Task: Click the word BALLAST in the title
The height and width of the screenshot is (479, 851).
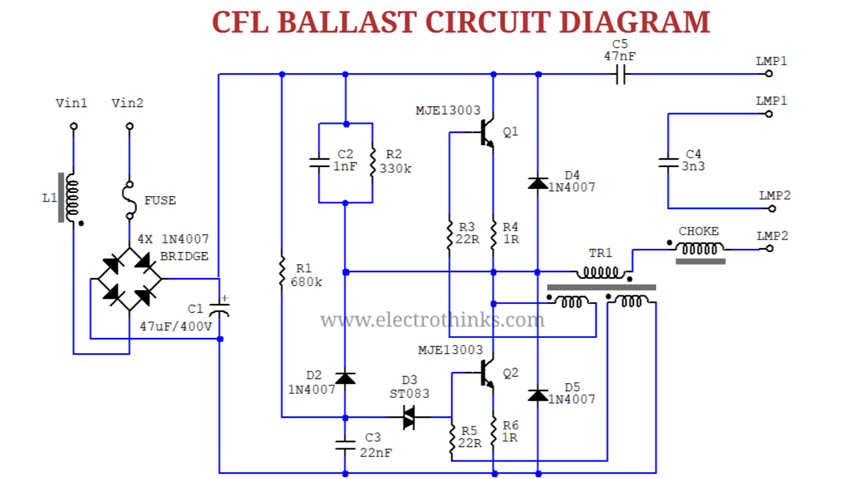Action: pyautogui.click(x=346, y=22)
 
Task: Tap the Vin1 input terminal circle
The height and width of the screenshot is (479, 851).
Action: pyautogui.click(x=73, y=126)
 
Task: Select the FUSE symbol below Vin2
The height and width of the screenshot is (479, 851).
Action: pyautogui.click(x=130, y=200)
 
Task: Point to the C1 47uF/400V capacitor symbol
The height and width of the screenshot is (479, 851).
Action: pyautogui.click(x=219, y=309)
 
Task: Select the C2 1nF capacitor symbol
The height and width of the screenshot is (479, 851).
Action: pyautogui.click(x=319, y=162)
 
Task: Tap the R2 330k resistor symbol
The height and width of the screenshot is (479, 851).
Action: pyautogui.click(x=372, y=162)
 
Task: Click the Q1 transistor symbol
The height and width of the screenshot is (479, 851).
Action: pyautogui.click(x=486, y=133)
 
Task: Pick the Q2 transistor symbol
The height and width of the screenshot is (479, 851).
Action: pyautogui.click(x=486, y=374)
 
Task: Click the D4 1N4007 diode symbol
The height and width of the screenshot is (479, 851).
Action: pyautogui.click(x=537, y=182)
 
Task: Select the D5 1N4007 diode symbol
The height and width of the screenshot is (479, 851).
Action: pyautogui.click(x=537, y=395)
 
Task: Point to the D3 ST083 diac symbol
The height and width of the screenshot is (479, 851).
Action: pyautogui.click(x=409, y=418)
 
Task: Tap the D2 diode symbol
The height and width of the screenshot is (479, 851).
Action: pyautogui.click(x=344, y=378)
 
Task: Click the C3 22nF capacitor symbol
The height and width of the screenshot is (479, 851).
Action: pyautogui.click(x=344, y=444)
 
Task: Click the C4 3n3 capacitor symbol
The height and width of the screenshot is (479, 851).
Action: pyautogui.click(x=668, y=162)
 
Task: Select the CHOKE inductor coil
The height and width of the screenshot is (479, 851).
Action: pyautogui.click(x=699, y=249)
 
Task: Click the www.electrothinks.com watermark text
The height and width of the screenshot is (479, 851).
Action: pyautogui.click(x=432, y=321)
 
